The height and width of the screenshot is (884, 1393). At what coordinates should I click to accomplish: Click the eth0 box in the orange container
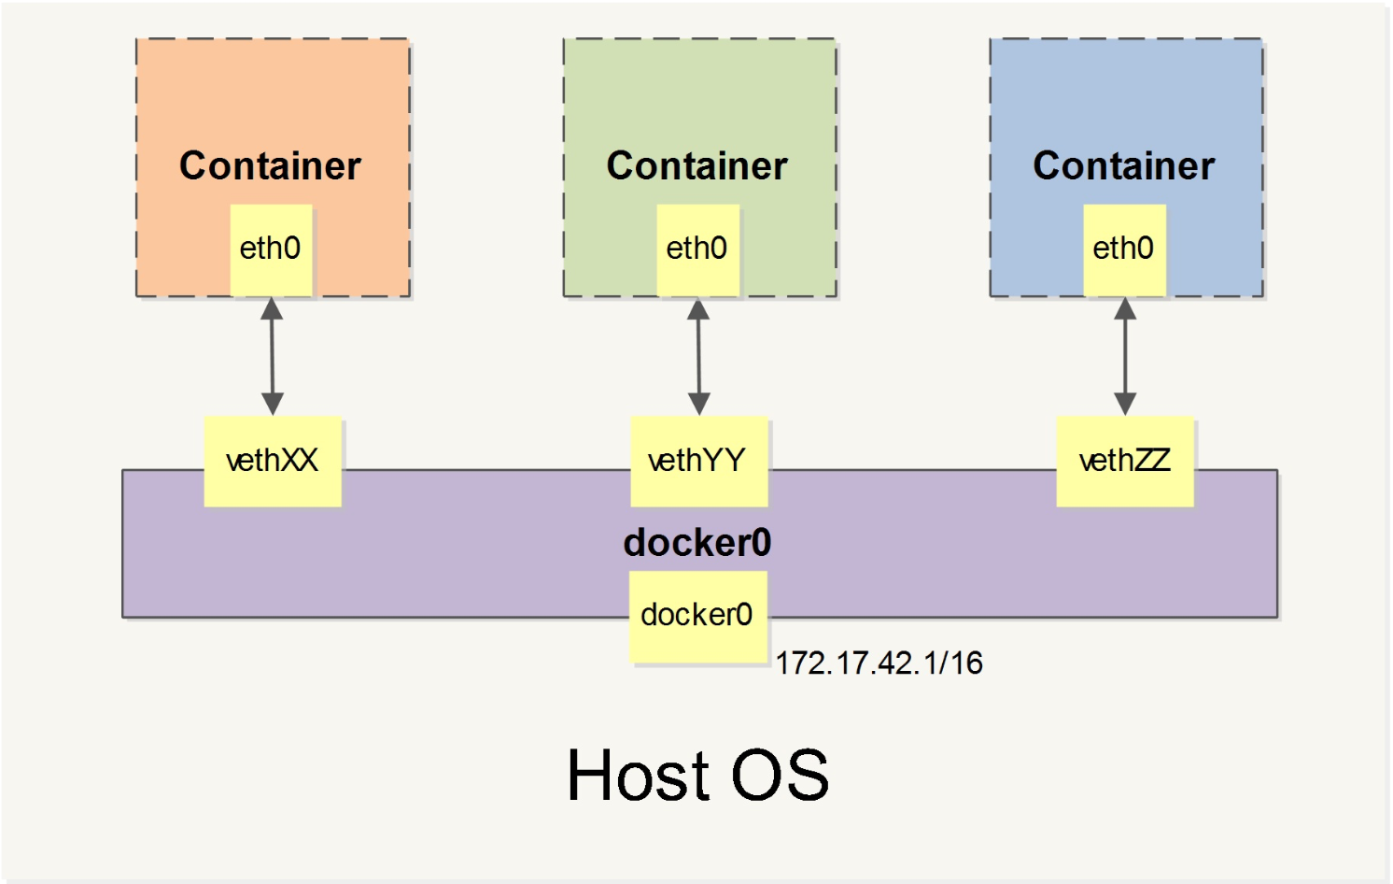click(271, 249)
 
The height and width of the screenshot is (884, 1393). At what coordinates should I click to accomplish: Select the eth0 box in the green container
click(697, 249)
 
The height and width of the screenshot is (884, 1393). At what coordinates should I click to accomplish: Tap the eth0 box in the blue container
click(1124, 249)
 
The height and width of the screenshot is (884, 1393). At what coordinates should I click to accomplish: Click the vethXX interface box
click(273, 461)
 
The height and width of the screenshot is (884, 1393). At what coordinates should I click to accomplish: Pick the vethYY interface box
click(698, 461)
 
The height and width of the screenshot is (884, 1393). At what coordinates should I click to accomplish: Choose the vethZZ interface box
click(1125, 461)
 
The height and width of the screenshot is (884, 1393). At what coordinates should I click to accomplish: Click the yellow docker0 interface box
click(697, 616)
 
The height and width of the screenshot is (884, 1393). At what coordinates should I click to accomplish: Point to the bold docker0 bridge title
click(697, 543)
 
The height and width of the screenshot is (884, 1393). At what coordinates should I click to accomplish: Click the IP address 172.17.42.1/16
click(879, 663)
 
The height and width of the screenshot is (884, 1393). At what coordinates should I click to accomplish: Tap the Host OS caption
click(697, 775)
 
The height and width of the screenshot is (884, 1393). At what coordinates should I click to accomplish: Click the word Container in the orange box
click(270, 166)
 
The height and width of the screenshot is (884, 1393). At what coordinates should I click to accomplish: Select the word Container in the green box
click(697, 166)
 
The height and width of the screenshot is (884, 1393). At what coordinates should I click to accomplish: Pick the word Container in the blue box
click(1124, 166)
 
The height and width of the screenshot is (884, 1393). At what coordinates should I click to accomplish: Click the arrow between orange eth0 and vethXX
click(272, 356)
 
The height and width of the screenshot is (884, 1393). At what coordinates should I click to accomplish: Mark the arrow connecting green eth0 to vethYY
click(698, 356)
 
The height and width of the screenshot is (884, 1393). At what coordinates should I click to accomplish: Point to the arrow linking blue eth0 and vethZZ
click(1125, 356)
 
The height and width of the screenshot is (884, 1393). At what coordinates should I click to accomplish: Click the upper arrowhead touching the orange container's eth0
click(272, 308)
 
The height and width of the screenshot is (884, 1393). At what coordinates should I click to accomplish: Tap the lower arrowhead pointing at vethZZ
click(1125, 404)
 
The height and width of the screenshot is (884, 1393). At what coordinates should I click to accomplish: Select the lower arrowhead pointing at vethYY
click(698, 404)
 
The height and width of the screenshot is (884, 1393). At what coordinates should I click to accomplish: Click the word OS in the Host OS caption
click(781, 775)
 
